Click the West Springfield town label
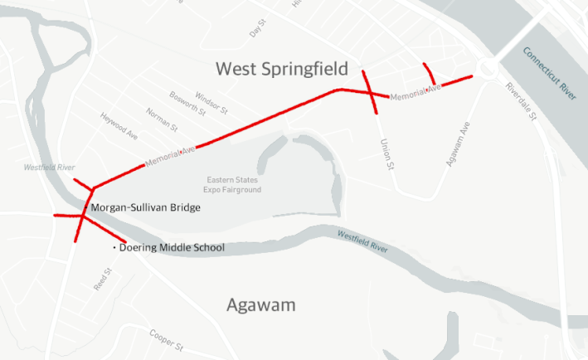(x=282, y=69)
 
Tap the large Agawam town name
(x=261, y=306)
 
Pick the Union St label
(x=385, y=155)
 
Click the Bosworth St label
(x=187, y=105)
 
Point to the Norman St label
(x=162, y=120)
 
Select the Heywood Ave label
(x=119, y=126)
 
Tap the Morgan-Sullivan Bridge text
(x=145, y=207)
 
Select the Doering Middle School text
(x=172, y=247)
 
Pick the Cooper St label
(x=165, y=338)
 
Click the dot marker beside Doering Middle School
(x=114, y=247)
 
